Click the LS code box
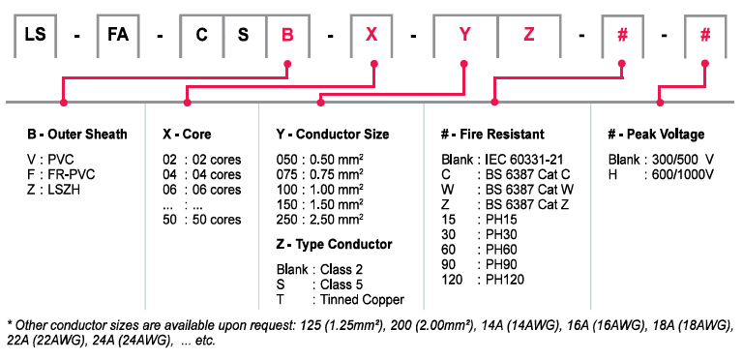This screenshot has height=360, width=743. (x=36, y=36)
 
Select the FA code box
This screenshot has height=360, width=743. (x=118, y=36)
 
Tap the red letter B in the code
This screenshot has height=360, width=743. (x=287, y=36)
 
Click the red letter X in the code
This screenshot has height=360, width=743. (x=371, y=36)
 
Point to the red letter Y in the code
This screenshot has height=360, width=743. (x=464, y=36)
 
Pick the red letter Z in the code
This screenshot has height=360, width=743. (x=529, y=36)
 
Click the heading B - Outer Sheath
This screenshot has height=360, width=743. (x=77, y=135)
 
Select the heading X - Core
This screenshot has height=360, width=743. (x=187, y=135)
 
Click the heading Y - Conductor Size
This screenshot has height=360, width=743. (x=333, y=135)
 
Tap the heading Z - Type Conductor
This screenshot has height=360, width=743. (x=335, y=245)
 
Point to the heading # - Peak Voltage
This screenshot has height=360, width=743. (x=656, y=135)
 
